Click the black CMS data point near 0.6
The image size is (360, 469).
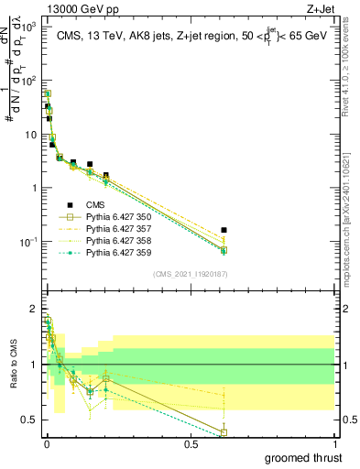point(224,231)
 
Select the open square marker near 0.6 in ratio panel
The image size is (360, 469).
point(224,432)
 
